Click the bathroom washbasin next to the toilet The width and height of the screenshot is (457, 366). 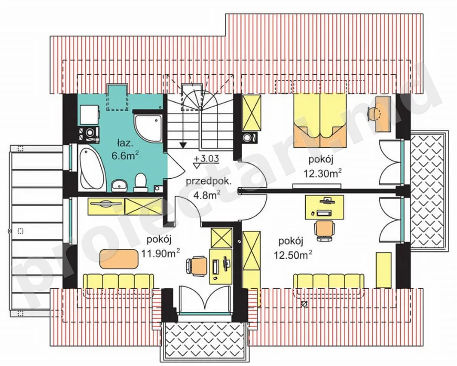119,185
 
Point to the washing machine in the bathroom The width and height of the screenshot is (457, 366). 90,134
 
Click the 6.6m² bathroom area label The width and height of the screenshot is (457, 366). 124,156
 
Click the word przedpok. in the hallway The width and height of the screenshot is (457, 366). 209,182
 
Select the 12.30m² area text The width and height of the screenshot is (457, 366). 323,174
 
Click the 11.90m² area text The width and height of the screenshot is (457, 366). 160,253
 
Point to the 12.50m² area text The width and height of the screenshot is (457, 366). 293,255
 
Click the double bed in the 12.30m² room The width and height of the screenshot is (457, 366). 320,120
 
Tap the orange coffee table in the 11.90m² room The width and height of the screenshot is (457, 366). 118,259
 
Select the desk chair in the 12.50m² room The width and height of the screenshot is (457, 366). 325,230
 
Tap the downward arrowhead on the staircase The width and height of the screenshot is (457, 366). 183,145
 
